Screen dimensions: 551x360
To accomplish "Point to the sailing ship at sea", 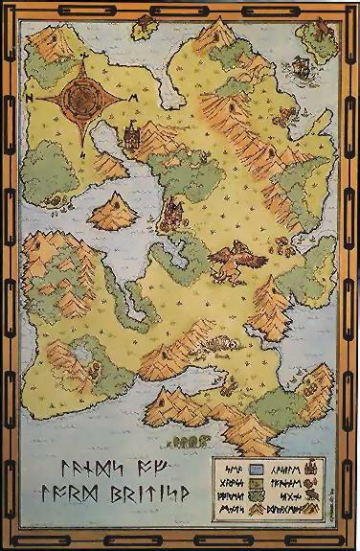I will tap(301, 67).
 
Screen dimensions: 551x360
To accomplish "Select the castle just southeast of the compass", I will tap(131, 135).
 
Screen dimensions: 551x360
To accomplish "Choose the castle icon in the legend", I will tap(319, 470).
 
